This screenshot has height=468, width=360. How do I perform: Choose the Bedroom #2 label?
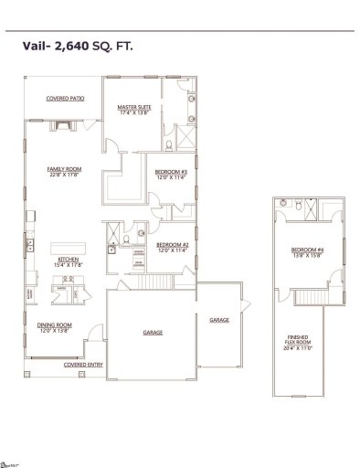click(x=172, y=244)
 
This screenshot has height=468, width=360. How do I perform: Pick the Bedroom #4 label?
click(x=305, y=250)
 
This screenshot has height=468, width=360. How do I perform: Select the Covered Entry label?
click(x=82, y=364)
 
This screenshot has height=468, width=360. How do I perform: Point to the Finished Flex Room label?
click(x=299, y=340)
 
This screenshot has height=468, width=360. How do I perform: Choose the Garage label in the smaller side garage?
click(x=219, y=320)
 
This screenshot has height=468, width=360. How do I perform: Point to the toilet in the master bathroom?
click(x=170, y=144)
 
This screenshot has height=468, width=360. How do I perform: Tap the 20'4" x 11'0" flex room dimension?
click(x=299, y=348)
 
